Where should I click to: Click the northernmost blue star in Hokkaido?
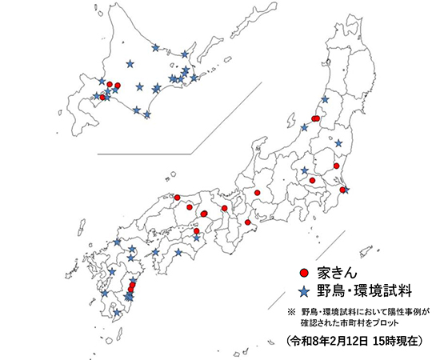[155, 47]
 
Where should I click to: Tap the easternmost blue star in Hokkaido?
[196, 78]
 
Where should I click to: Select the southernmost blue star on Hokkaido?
[147, 114]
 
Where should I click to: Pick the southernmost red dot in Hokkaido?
[102, 97]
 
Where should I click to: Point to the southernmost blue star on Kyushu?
[118, 312]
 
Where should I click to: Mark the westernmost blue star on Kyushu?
[104, 294]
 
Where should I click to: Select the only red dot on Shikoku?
[197, 231]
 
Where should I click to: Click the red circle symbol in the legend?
[303, 274]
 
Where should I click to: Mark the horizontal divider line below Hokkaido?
[144, 152]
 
